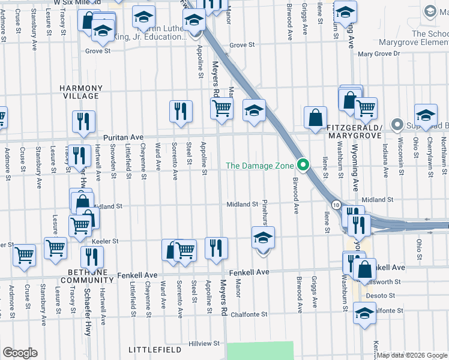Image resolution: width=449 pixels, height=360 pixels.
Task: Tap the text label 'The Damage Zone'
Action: [x=260, y=166]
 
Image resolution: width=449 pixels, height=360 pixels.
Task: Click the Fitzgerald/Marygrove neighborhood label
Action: [x=354, y=132]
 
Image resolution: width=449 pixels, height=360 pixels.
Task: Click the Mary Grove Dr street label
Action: [x=378, y=54]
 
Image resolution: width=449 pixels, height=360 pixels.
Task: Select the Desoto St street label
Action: [x=382, y=296]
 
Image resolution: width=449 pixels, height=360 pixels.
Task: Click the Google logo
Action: [x=19, y=353]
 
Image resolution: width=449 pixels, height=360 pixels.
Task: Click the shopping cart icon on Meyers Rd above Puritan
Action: [x=222, y=109]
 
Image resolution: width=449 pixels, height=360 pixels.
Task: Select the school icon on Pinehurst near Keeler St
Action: [x=262, y=239]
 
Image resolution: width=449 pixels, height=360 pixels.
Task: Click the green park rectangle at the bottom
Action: [x=261, y=350]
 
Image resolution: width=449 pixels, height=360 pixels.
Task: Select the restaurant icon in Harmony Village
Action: [x=84, y=121]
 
